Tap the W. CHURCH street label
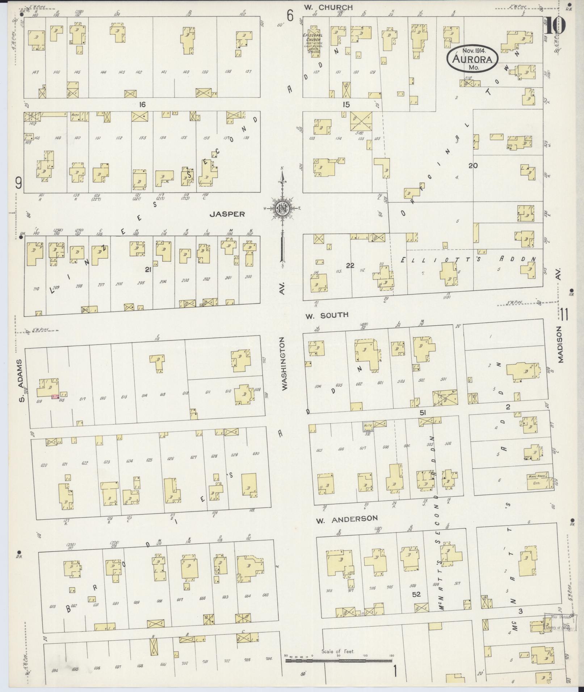(328, 7)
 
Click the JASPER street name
(227, 214)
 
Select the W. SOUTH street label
(327, 315)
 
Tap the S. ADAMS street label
(21, 380)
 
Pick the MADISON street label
(560, 344)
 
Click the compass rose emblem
(282, 209)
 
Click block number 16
(142, 105)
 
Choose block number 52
(416, 594)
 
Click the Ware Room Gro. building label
(537, 480)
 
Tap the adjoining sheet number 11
(564, 314)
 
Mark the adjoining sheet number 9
(18, 184)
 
